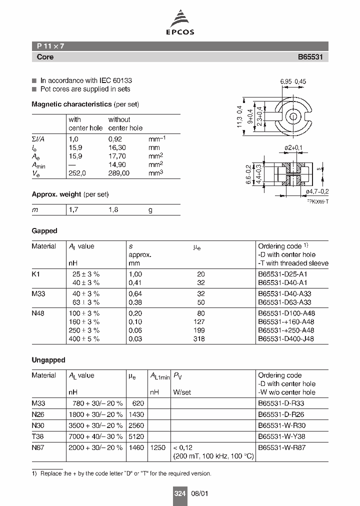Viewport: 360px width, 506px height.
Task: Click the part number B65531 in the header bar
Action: point(310,57)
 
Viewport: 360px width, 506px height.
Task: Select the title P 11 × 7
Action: point(50,46)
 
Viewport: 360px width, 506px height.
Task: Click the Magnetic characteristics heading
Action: point(71,104)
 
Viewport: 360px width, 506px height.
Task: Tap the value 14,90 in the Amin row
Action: point(118,163)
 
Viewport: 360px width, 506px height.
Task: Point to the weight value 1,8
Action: point(113,210)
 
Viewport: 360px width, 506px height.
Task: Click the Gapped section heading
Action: point(44,231)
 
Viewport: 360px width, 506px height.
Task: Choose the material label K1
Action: point(35,274)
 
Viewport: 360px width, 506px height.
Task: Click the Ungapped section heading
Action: point(48,360)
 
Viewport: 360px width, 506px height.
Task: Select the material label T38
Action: point(37,435)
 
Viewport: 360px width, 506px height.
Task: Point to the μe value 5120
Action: point(136,435)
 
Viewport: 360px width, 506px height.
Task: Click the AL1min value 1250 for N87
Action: point(157,447)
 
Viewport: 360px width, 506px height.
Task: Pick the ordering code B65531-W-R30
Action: point(281,425)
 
